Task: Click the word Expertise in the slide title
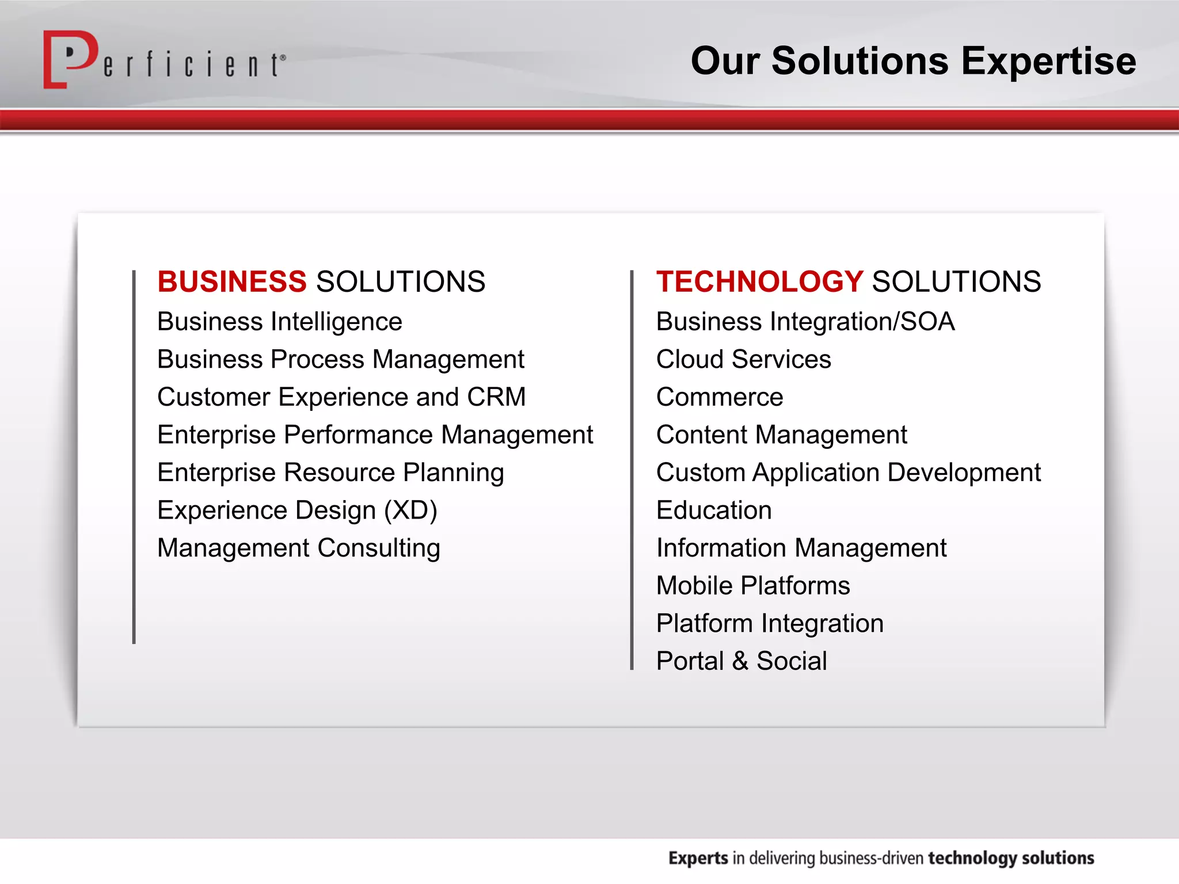pyautogui.click(x=1048, y=61)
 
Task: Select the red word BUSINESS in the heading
pyautogui.click(x=232, y=282)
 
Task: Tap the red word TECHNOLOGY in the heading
pyautogui.click(x=759, y=282)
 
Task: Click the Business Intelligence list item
pyautogui.click(x=280, y=322)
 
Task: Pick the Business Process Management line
pyautogui.click(x=340, y=360)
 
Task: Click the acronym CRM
pyautogui.click(x=496, y=397)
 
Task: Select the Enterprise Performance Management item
pyautogui.click(x=375, y=435)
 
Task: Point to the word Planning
pyautogui.click(x=453, y=473)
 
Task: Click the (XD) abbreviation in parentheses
pyautogui.click(x=410, y=510)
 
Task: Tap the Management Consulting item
pyautogui.click(x=299, y=548)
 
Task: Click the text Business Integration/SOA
pyautogui.click(x=805, y=322)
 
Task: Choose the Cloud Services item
pyautogui.click(x=743, y=360)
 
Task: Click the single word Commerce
pyautogui.click(x=720, y=397)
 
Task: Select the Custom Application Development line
pyautogui.click(x=848, y=473)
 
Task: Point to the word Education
pyautogui.click(x=714, y=510)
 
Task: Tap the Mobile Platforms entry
pyautogui.click(x=753, y=586)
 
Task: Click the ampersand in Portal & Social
pyautogui.click(x=740, y=661)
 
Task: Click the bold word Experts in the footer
pyautogui.click(x=698, y=858)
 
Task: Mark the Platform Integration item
pyautogui.click(x=770, y=624)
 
